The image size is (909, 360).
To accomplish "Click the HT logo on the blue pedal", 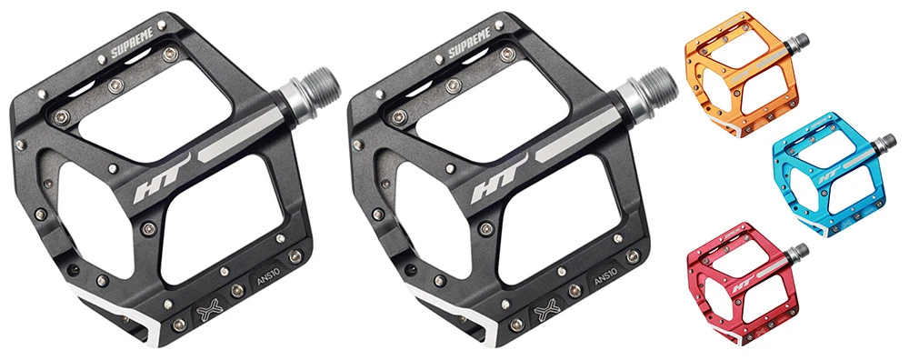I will pos(824,178).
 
